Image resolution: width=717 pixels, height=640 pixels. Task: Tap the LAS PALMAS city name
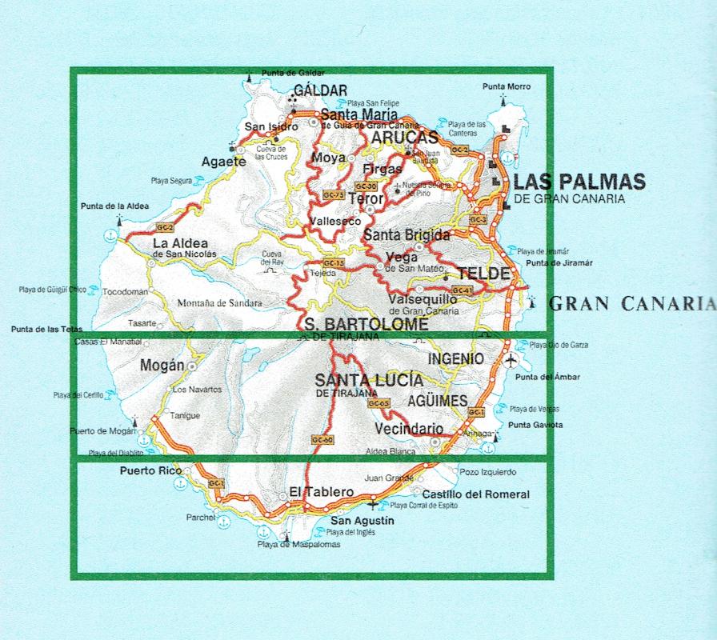[579, 182]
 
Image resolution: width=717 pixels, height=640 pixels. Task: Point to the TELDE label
[487, 274]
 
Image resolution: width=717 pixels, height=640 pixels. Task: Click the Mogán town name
[162, 366]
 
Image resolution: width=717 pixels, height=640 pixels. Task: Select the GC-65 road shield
[378, 404]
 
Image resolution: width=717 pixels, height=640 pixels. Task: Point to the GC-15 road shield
[334, 262]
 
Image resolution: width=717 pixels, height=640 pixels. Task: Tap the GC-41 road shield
[463, 290]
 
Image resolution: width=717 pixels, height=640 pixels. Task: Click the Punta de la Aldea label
[114, 206]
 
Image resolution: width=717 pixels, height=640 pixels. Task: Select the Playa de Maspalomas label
[298, 544]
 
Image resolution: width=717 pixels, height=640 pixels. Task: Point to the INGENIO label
[455, 359]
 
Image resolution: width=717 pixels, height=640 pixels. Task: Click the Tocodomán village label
[126, 292]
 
